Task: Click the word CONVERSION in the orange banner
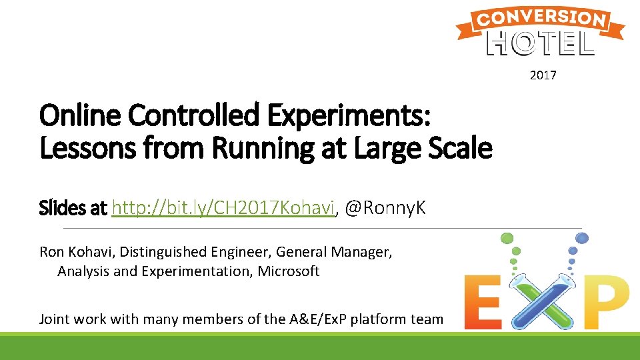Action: click(x=541, y=18)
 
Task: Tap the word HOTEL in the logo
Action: click(x=541, y=43)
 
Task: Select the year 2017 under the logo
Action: click(x=543, y=75)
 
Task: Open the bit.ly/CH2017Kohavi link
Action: click(x=223, y=209)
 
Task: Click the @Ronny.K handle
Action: click(x=385, y=209)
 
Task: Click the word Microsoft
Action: click(x=289, y=271)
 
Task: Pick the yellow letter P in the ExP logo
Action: click(x=604, y=303)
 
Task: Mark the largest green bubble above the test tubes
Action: click(x=507, y=238)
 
